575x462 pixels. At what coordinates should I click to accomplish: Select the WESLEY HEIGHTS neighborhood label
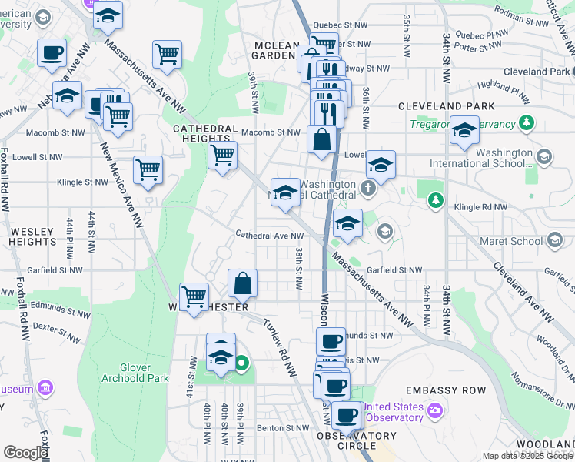32,236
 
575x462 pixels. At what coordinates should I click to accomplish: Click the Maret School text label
515,241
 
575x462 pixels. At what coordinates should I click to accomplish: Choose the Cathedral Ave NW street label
264,236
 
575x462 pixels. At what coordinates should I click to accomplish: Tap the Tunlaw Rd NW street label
278,348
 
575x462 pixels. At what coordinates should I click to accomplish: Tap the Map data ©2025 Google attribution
527,456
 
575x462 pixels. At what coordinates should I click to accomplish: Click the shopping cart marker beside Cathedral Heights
223,155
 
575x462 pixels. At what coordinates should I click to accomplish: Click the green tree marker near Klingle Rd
436,200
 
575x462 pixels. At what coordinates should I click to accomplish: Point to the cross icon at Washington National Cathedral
369,187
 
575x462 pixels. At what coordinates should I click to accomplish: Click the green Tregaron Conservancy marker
527,122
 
